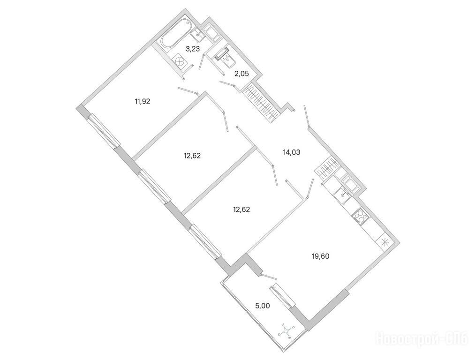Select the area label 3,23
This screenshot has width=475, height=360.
tap(193, 48)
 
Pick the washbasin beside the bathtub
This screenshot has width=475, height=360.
tap(197, 32)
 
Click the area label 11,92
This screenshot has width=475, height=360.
tap(142, 100)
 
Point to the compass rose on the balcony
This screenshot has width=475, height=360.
tap(286, 331)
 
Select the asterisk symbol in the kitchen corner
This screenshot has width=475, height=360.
tap(384, 242)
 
